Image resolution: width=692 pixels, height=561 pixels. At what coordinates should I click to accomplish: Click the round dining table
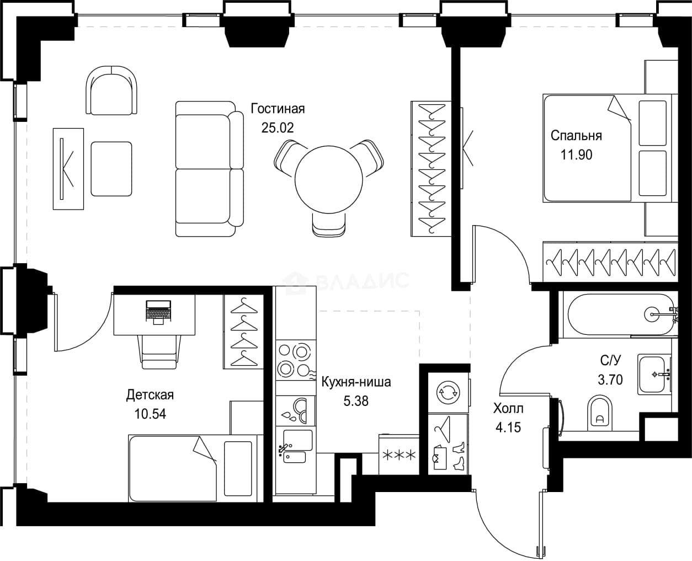328,179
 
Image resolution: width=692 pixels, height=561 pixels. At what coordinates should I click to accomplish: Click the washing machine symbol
448,392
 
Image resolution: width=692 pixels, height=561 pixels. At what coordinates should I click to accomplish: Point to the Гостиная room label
278,109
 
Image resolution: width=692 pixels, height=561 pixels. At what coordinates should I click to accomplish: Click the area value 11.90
576,155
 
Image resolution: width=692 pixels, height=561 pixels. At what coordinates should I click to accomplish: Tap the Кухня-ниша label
356,382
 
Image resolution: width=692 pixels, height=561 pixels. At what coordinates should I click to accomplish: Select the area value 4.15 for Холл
508,428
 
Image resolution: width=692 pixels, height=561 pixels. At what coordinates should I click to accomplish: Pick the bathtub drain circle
652,314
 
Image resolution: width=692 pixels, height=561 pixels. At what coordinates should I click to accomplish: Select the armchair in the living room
111,90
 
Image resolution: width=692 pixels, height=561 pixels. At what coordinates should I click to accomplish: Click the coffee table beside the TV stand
111,169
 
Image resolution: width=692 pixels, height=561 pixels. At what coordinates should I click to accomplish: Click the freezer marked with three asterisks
400,455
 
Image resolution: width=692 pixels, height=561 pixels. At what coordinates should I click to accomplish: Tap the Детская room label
150,395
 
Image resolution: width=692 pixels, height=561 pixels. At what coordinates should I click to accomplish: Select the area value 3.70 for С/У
610,380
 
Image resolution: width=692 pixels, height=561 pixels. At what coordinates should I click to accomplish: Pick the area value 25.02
278,127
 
